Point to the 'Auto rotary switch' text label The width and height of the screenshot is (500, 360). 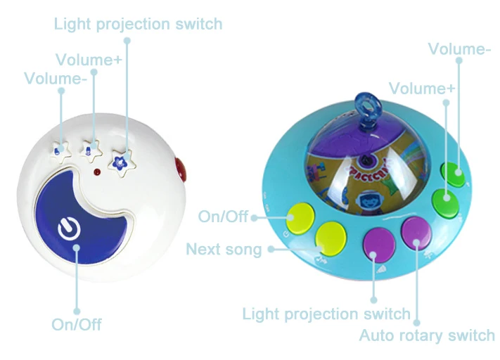click(x=427, y=335)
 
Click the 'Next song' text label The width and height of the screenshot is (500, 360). click(x=224, y=250)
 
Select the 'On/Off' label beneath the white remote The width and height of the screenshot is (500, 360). click(x=77, y=324)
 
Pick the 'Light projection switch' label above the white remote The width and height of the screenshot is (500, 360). click(x=139, y=25)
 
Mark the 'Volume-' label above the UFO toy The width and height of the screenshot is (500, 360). click(x=460, y=49)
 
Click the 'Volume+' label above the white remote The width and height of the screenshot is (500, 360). click(x=89, y=60)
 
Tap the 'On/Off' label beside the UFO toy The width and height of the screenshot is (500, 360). click(x=223, y=217)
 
